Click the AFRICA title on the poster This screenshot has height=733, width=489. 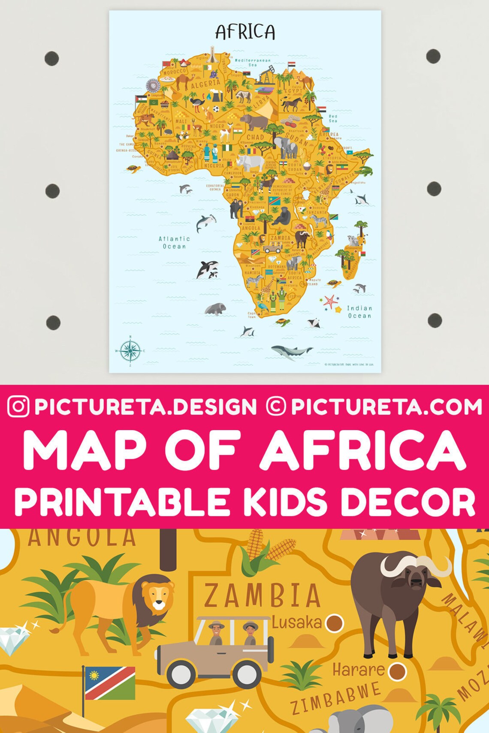point(245,32)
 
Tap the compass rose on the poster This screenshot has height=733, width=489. point(130,350)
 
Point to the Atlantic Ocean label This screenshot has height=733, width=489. point(174,242)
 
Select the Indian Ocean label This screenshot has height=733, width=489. point(359,312)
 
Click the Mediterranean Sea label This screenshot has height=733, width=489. point(253,62)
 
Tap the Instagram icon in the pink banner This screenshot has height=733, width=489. point(18,407)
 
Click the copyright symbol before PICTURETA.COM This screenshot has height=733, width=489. point(276,407)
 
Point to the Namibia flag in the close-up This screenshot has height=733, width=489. point(110,682)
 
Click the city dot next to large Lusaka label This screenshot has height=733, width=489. point(334,623)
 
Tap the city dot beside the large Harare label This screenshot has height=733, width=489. point(397,671)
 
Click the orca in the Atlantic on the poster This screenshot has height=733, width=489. point(207,269)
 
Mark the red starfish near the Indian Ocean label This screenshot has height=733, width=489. point(330,301)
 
